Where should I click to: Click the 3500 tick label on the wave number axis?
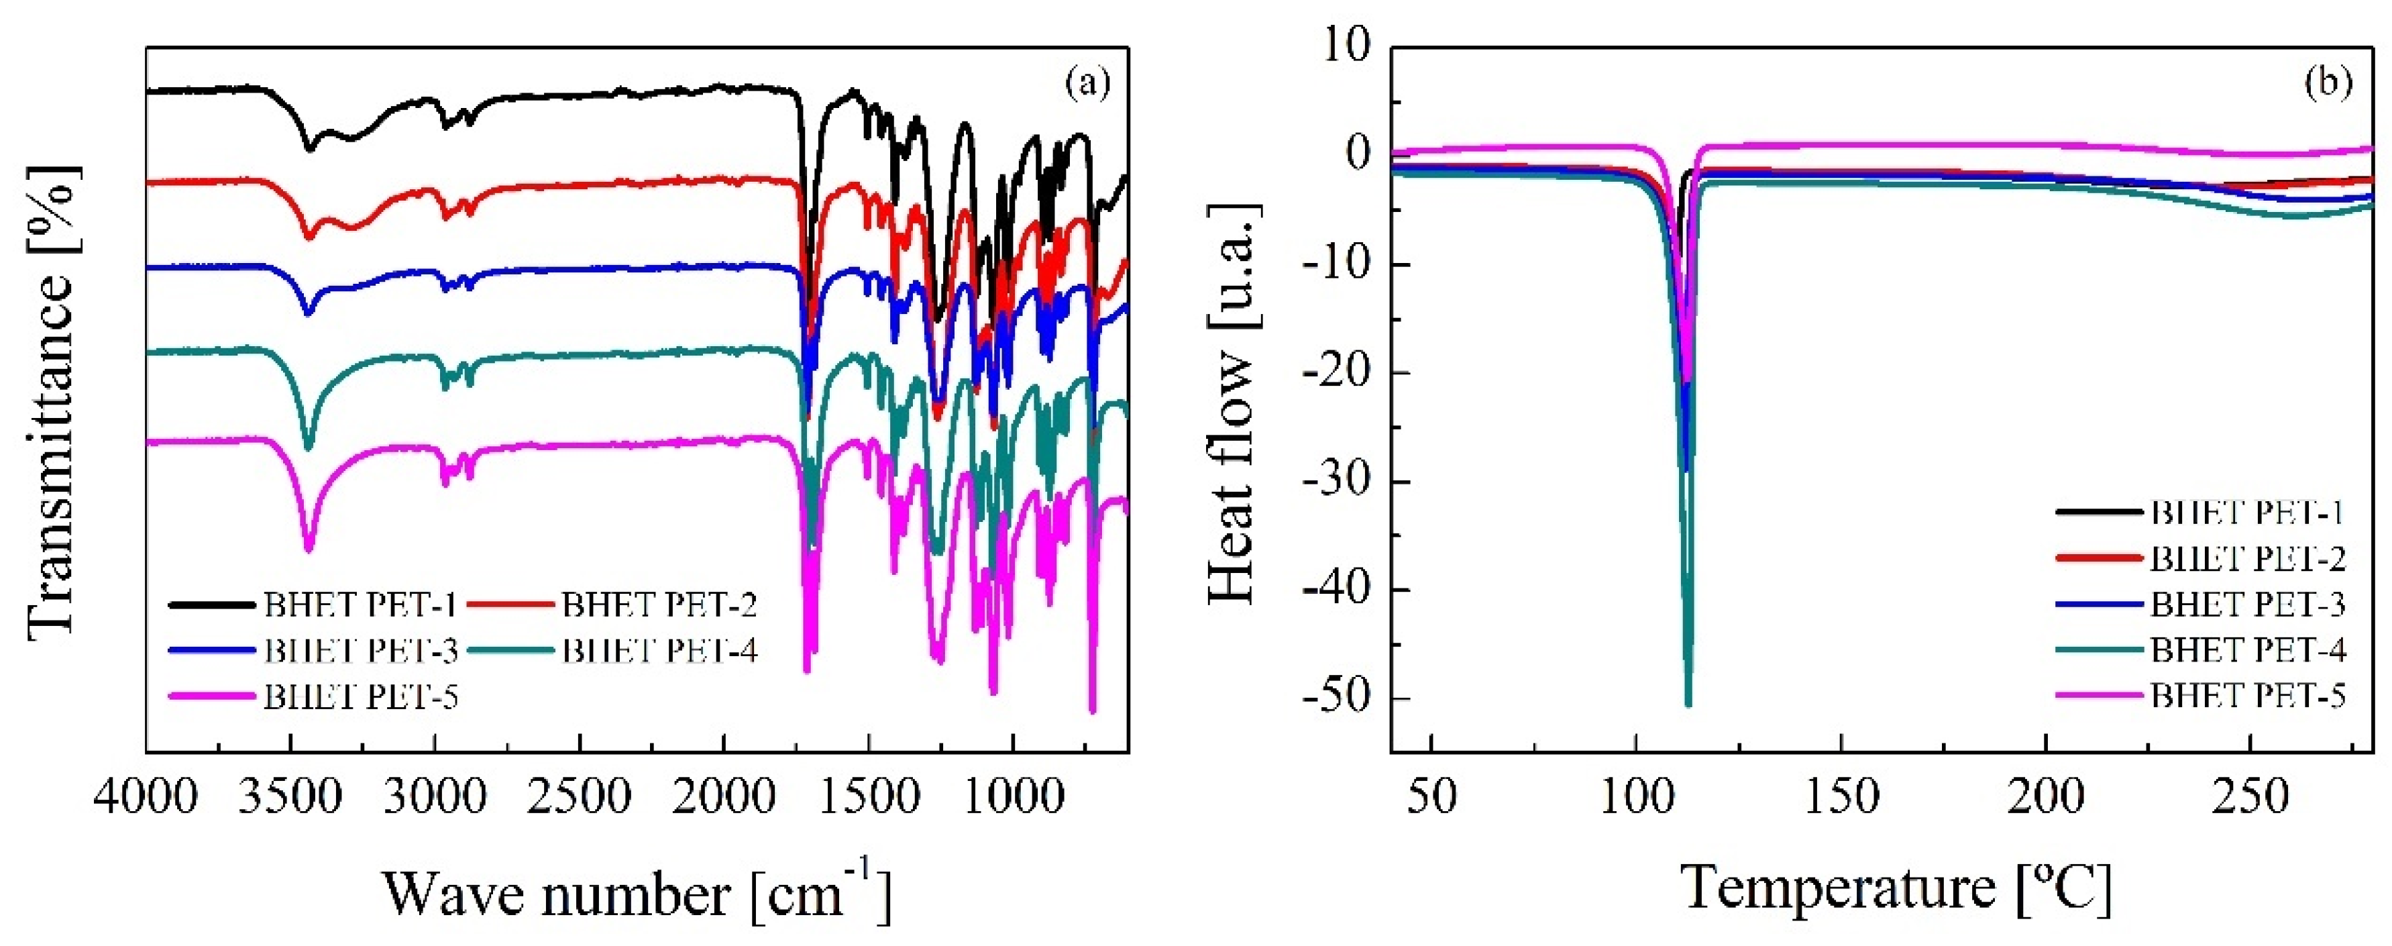pos(290,798)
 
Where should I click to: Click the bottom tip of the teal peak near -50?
pos(1688,706)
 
